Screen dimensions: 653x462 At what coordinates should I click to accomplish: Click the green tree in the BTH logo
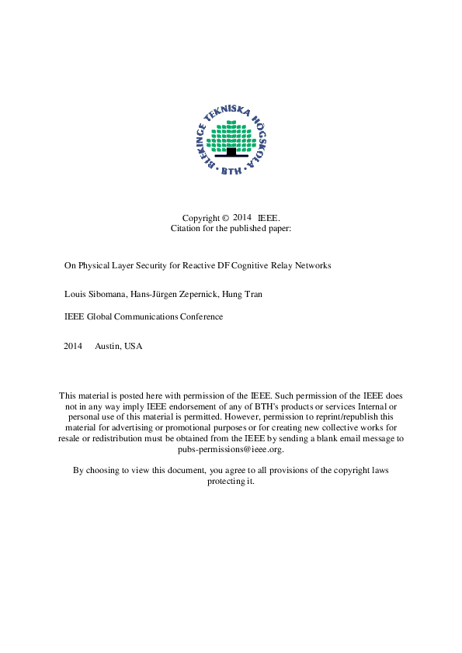point(231,135)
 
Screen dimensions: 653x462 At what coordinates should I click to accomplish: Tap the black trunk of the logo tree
point(231,152)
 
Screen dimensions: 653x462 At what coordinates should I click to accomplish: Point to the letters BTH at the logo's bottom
point(231,171)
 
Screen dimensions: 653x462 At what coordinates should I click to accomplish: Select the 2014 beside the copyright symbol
point(242,218)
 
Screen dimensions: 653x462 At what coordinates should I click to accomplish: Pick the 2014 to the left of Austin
point(72,346)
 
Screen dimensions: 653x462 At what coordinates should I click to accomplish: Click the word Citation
point(186,229)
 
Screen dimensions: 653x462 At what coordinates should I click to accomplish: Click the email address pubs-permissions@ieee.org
point(231,449)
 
